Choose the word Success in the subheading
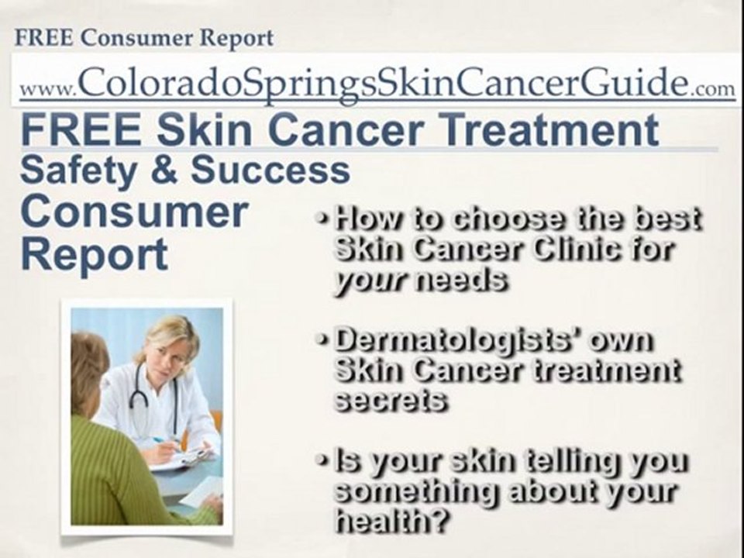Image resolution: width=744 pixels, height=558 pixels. tap(270, 170)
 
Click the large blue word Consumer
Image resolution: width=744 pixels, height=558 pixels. tap(135, 212)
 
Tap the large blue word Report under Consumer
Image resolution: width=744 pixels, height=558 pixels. tap(94, 253)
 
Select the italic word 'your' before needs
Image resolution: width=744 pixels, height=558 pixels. tap(369, 280)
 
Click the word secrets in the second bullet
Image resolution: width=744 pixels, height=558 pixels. tap(389, 400)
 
